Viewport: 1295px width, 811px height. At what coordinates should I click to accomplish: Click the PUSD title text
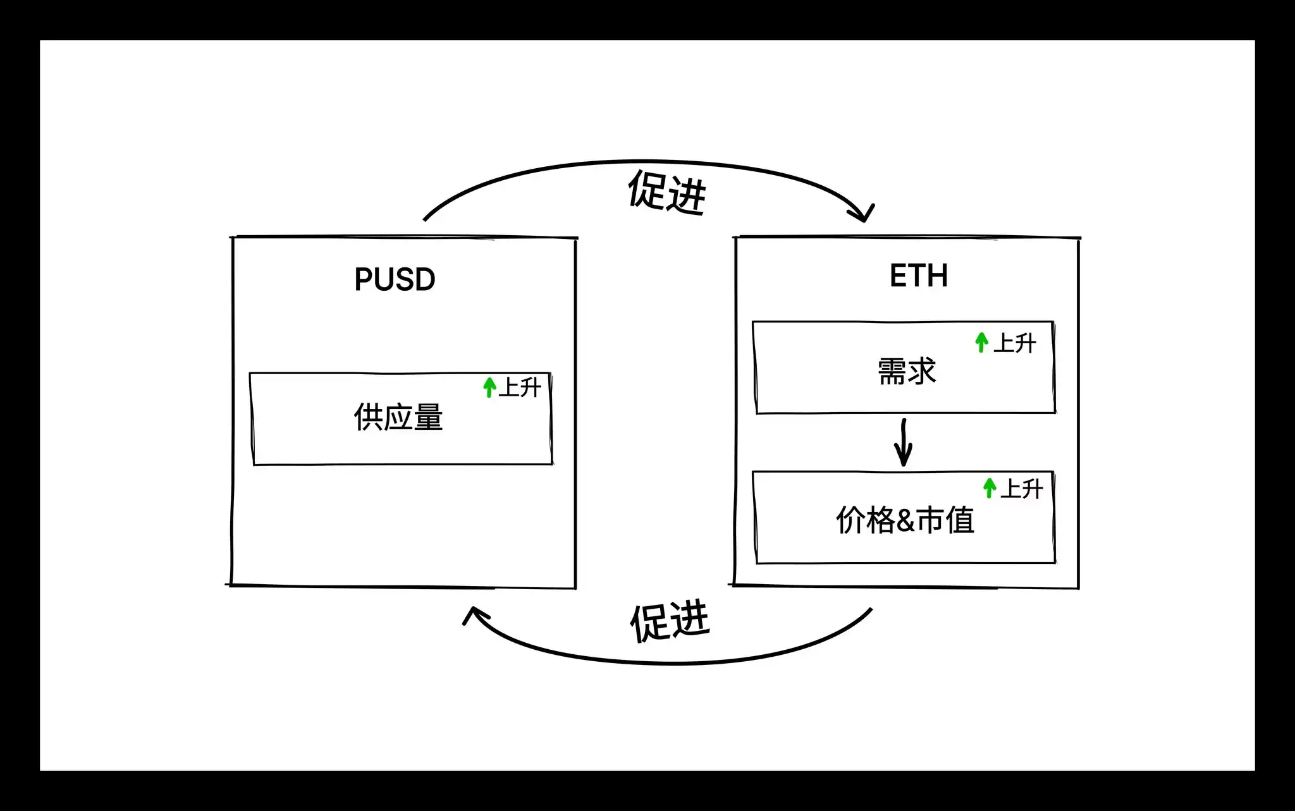point(395,279)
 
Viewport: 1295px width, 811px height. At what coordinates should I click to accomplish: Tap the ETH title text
point(918,276)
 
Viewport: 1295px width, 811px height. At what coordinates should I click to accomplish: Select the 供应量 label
point(398,417)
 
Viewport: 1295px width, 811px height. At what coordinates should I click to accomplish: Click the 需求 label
point(906,371)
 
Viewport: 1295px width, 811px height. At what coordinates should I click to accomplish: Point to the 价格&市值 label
point(905,520)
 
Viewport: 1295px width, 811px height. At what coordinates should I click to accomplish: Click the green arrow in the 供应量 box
point(489,387)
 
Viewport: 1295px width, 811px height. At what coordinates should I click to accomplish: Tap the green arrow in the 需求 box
point(981,342)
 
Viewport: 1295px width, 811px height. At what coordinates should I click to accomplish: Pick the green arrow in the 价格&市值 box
point(990,488)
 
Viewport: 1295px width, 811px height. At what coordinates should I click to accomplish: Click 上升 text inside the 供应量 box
point(520,387)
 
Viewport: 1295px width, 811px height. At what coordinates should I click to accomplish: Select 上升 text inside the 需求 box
point(1014,343)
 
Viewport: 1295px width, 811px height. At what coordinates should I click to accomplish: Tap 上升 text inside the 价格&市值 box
point(1021,489)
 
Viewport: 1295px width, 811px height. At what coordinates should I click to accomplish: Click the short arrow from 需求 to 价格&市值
point(904,442)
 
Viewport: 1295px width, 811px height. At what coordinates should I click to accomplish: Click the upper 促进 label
point(666,192)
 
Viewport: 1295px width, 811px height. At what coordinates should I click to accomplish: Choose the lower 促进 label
point(670,622)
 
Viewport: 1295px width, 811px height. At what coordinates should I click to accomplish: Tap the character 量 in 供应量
point(428,417)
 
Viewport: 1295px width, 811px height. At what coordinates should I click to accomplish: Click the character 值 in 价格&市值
point(960,520)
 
